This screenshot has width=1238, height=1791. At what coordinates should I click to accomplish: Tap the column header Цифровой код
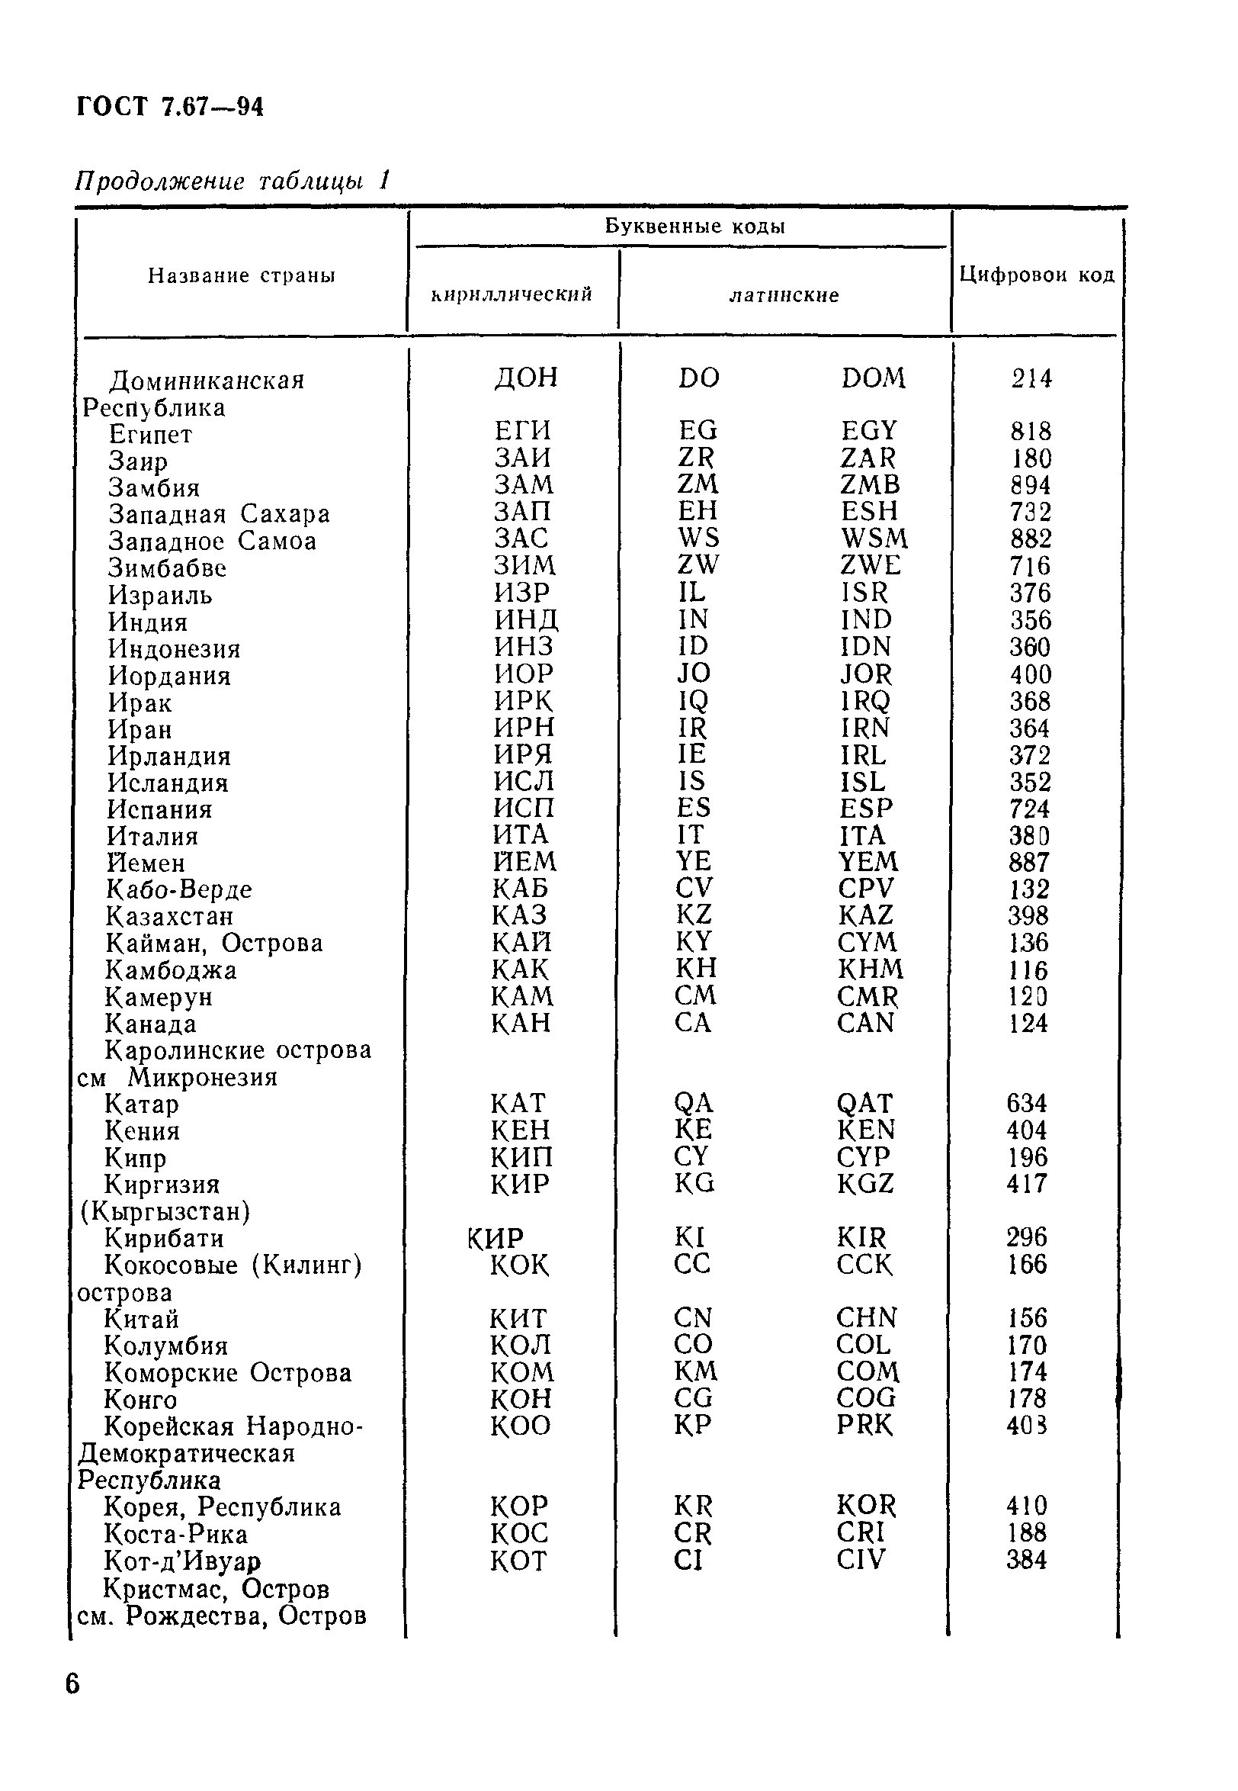point(1036,275)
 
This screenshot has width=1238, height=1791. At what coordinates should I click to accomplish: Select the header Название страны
point(241,275)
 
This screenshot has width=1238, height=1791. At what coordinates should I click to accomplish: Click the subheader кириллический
point(512,294)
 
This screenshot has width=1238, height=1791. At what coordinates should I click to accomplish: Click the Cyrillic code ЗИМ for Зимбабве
point(525,565)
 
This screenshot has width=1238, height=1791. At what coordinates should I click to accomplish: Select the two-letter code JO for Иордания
point(694,673)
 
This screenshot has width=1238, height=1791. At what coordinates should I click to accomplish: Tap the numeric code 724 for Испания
point(1028,809)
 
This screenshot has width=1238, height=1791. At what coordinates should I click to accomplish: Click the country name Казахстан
point(169,916)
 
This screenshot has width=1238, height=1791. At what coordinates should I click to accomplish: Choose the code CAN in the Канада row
point(865,1023)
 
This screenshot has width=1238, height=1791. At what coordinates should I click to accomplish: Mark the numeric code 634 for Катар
point(1026,1103)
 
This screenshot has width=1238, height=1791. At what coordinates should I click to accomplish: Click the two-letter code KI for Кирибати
point(689,1237)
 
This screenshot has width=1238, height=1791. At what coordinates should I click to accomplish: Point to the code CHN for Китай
point(866,1317)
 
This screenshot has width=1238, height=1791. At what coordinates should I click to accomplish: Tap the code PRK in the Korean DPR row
point(864,1425)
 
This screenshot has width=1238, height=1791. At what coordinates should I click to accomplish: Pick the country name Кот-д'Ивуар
point(182,1561)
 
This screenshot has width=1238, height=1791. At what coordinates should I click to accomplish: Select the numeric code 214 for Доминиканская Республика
point(1031,378)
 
